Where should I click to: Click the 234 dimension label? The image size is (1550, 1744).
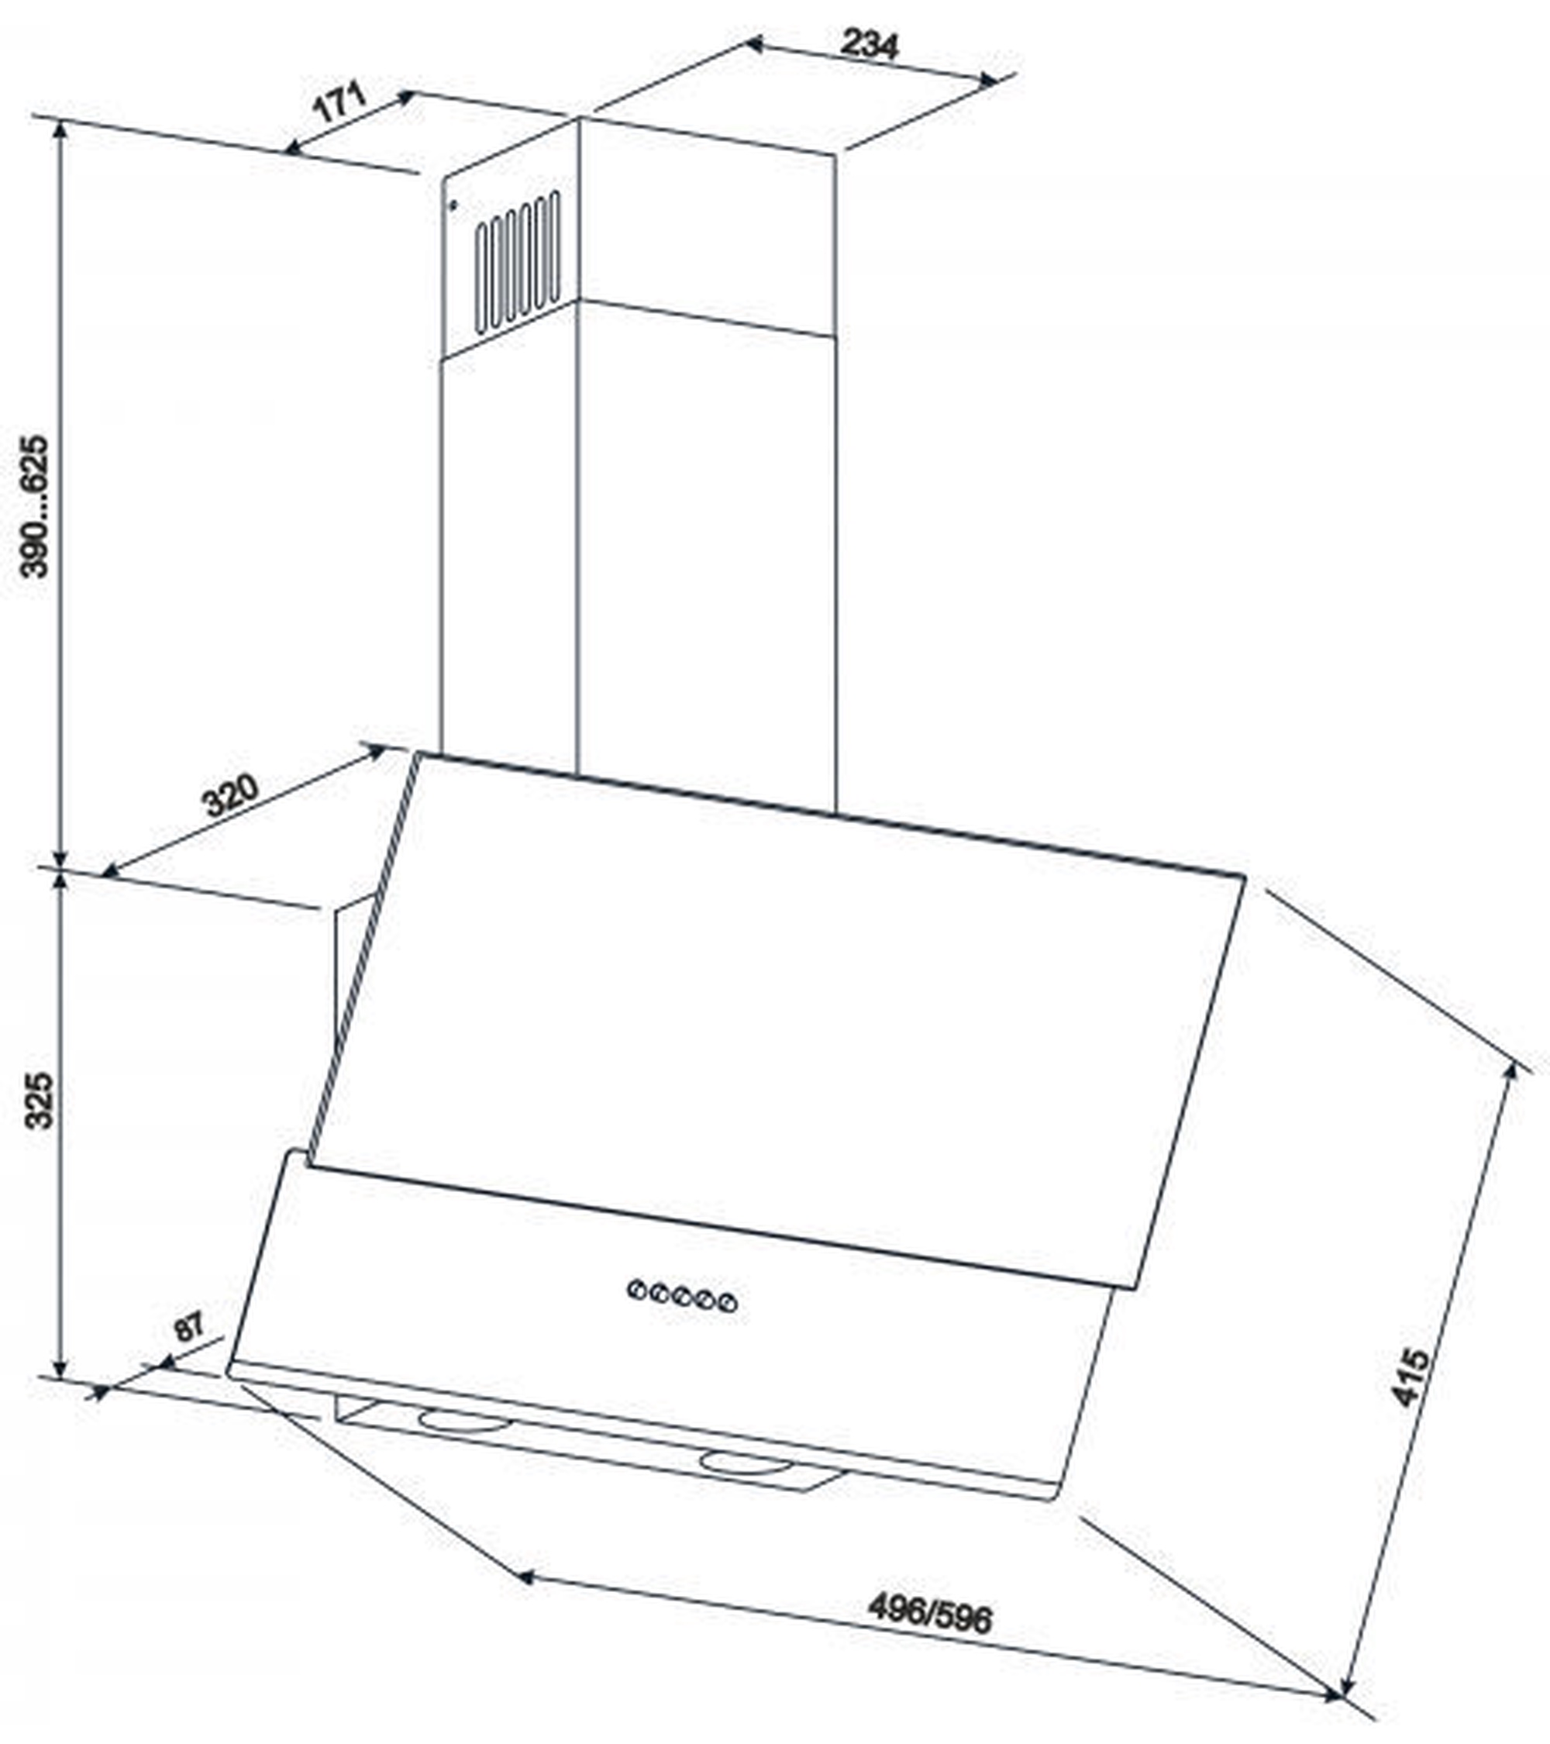869,43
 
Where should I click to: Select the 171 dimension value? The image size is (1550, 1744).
339,102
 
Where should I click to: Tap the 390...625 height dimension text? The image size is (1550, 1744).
36,506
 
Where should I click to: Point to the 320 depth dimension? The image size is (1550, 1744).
229,794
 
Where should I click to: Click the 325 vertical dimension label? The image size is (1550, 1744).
39,1101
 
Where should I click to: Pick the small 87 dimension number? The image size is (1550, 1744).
189,1326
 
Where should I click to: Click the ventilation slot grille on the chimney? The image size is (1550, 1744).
518,262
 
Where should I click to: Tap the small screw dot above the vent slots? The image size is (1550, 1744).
453,205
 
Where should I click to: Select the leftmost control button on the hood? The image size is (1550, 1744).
636,1288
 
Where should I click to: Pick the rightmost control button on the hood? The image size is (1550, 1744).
728,1303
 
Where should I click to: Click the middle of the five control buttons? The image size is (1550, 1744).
681,1296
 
